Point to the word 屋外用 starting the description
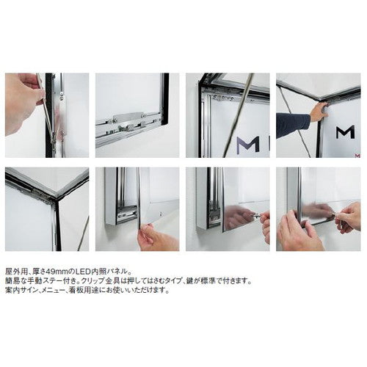point(15,271)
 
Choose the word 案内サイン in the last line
point(20,290)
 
